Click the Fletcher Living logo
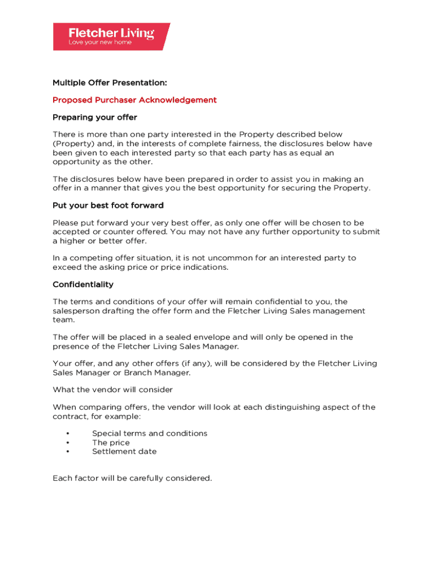(x=111, y=37)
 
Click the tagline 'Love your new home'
(x=100, y=42)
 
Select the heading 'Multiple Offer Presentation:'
(x=110, y=83)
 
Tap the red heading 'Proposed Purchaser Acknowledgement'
(x=134, y=100)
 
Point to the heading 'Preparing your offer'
(x=95, y=117)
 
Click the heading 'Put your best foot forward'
(x=108, y=205)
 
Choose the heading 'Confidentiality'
(x=83, y=284)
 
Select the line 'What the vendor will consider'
(x=112, y=389)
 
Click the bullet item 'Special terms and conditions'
(x=150, y=433)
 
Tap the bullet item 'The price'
(x=111, y=443)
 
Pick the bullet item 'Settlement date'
(x=124, y=452)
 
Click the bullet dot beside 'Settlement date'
(x=67, y=452)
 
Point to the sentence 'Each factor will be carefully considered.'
(x=132, y=478)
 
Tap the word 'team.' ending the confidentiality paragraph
(x=63, y=319)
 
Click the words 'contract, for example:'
(x=97, y=416)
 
